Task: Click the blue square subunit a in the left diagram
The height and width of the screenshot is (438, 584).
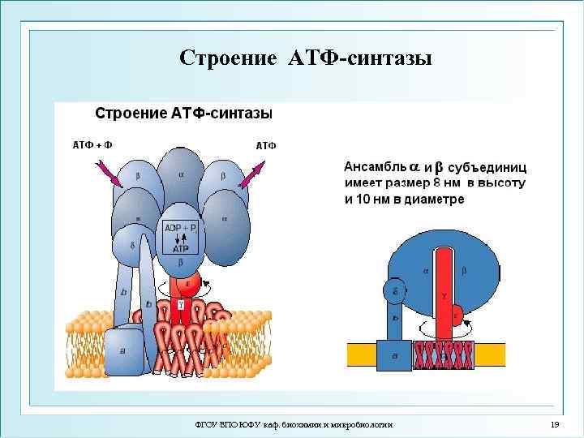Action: pyautogui.click(x=124, y=349)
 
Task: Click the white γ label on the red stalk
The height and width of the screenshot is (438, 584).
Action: pyautogui.click(x=180, y=306)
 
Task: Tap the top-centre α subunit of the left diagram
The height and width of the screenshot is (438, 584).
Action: pyautogui.click(x=182, y=174)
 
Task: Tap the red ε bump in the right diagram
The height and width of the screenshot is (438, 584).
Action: pyautogui.click(x=457, y=315)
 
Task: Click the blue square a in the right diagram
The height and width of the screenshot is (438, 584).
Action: pyautogui.click(x=394, y=355)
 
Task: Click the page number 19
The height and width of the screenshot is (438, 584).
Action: pyautogui.click(x=555, y=425)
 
